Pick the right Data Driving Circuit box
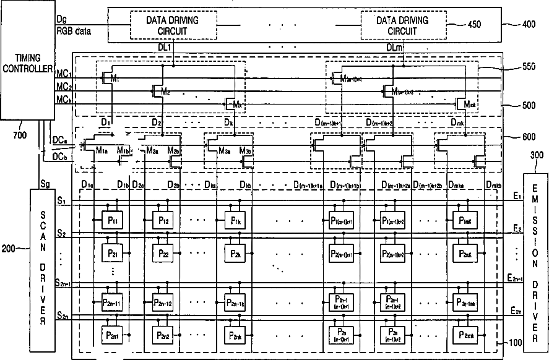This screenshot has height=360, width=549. (402, 25)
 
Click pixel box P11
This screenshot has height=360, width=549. (111, 221)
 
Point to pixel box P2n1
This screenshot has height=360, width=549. (111, 335)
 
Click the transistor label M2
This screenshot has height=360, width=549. (165, 92)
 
